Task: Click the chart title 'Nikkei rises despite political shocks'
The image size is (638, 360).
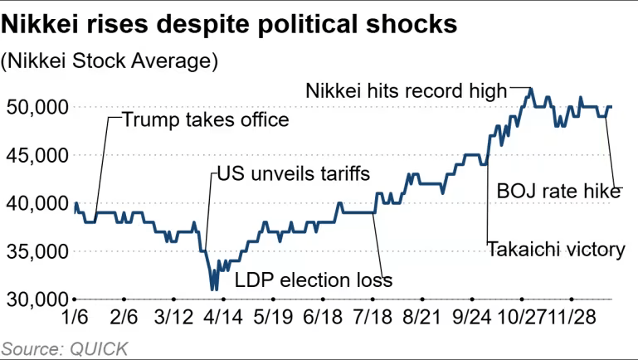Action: point(229,24)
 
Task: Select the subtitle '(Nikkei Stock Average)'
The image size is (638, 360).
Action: point(110,61)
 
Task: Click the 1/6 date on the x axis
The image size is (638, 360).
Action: point(75,318)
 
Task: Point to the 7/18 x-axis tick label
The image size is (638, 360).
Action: point(372,318)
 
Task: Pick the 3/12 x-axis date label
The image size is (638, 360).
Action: point(173,318)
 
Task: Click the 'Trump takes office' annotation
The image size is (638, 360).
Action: point(206,119)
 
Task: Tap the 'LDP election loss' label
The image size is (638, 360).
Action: point(314,280)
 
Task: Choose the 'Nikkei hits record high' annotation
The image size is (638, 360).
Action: point(406,90)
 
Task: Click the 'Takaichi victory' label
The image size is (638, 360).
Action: point(555,248)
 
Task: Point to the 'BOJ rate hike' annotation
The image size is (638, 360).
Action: point(558,192)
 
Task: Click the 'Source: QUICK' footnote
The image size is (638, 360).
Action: point(64,348)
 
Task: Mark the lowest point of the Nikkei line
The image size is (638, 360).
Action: point(213,289)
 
